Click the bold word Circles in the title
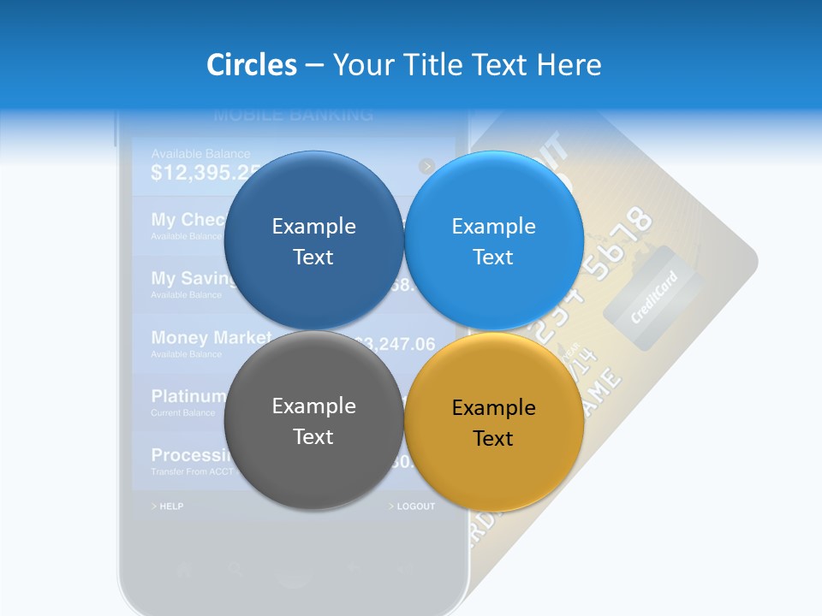click(x=252, y=65)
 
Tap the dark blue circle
click(x=313, y=240)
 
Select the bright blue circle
click(x=493, y=240)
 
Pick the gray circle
click(x=313, y=420)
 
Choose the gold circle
click(x=493, y=422)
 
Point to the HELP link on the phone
click(x=168, y=506)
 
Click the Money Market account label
click(x=211, y=338)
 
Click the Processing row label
click(x=190, y=455)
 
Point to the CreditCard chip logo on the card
click(x=653, y=297)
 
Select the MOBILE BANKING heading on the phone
click(x=293, y=115)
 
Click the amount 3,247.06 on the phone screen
click(x=397, y=345)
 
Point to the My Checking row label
click(x=188, y=220)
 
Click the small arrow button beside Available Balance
click(x=427, y=166)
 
